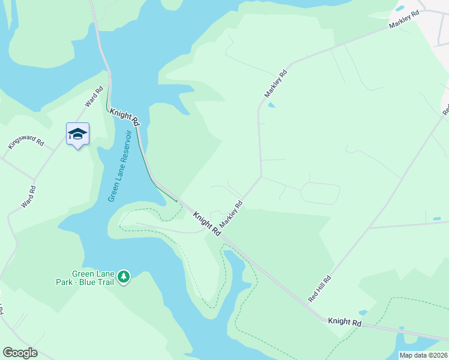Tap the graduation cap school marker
[77, 134]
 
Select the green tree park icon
[124, 277]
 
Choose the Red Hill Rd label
[320, 289]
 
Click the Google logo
[20, 353]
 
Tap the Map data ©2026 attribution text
[423, 355]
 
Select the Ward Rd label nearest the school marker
[94, 98]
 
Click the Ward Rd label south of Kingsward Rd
[29, 197]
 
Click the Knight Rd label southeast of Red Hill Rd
[345, 322]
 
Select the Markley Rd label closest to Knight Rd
[231, 214]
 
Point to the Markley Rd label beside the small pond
[276, 84]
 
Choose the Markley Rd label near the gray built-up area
[402, 22]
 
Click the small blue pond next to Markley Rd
[271, 106]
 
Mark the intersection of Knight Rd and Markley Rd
[221, 233]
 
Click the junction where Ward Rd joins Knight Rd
[109, 110]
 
